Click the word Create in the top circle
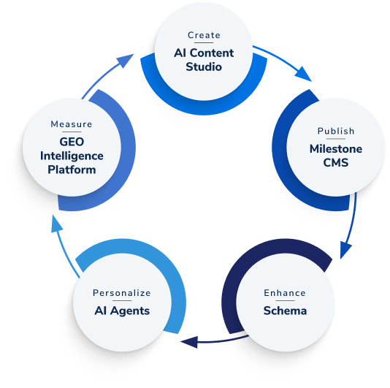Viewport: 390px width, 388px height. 204,35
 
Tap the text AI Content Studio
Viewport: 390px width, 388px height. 204,60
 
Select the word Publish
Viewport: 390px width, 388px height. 336,131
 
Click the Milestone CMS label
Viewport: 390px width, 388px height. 336,156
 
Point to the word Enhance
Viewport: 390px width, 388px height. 285,293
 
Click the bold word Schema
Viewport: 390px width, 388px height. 285,311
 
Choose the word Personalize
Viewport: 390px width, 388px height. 121,293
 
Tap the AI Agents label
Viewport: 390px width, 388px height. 121,311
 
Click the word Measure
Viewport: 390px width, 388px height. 72,124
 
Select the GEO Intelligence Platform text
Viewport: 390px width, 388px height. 72,156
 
